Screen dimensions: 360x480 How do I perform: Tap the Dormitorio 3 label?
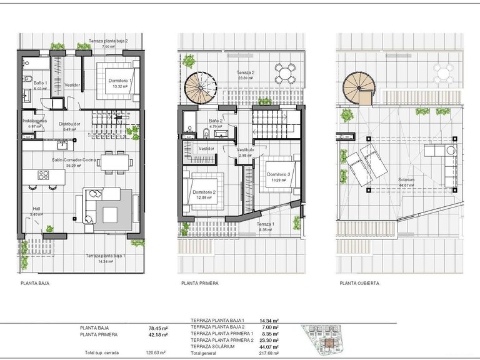tap(276, 174)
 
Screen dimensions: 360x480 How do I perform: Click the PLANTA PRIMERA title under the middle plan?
tap(200, 283)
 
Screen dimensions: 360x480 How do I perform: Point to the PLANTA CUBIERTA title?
tap(359, 283)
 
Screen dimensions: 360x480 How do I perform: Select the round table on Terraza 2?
tap(284, 74)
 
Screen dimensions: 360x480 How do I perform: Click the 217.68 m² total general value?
tap(269, 352)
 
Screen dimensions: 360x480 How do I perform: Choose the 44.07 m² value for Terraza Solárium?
tap(269, 346)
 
